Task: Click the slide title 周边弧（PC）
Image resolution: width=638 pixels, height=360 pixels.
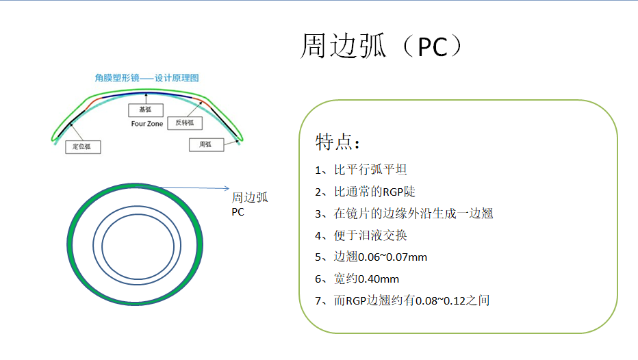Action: click(382, 46)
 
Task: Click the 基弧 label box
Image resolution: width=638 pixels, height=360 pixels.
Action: click(146, 110)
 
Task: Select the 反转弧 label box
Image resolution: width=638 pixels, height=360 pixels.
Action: click(185, 123)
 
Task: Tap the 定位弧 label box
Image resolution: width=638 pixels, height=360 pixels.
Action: click(83, 147)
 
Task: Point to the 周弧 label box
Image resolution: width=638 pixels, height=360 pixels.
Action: click(206, 145)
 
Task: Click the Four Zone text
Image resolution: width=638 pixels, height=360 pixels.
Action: click(147, 124)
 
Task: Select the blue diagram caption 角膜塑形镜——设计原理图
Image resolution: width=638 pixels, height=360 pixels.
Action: click(146, 78)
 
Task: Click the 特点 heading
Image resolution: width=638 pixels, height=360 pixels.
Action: click(337, 142)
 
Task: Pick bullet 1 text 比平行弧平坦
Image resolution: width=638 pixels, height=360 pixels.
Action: click(370, 170)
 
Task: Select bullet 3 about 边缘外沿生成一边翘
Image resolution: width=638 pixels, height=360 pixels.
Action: click(413, 214)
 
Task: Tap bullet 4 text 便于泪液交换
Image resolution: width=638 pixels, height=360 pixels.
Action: click(370, 235)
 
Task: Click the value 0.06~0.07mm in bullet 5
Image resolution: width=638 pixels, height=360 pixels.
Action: click(392, 257)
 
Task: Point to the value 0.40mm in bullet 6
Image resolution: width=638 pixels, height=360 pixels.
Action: click(379, 279)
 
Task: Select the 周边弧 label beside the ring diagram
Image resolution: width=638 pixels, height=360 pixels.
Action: click(250, 198)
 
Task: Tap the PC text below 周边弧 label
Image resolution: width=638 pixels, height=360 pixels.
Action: click(238, 212)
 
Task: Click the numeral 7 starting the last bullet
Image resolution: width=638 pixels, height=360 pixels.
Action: click(318, 301)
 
